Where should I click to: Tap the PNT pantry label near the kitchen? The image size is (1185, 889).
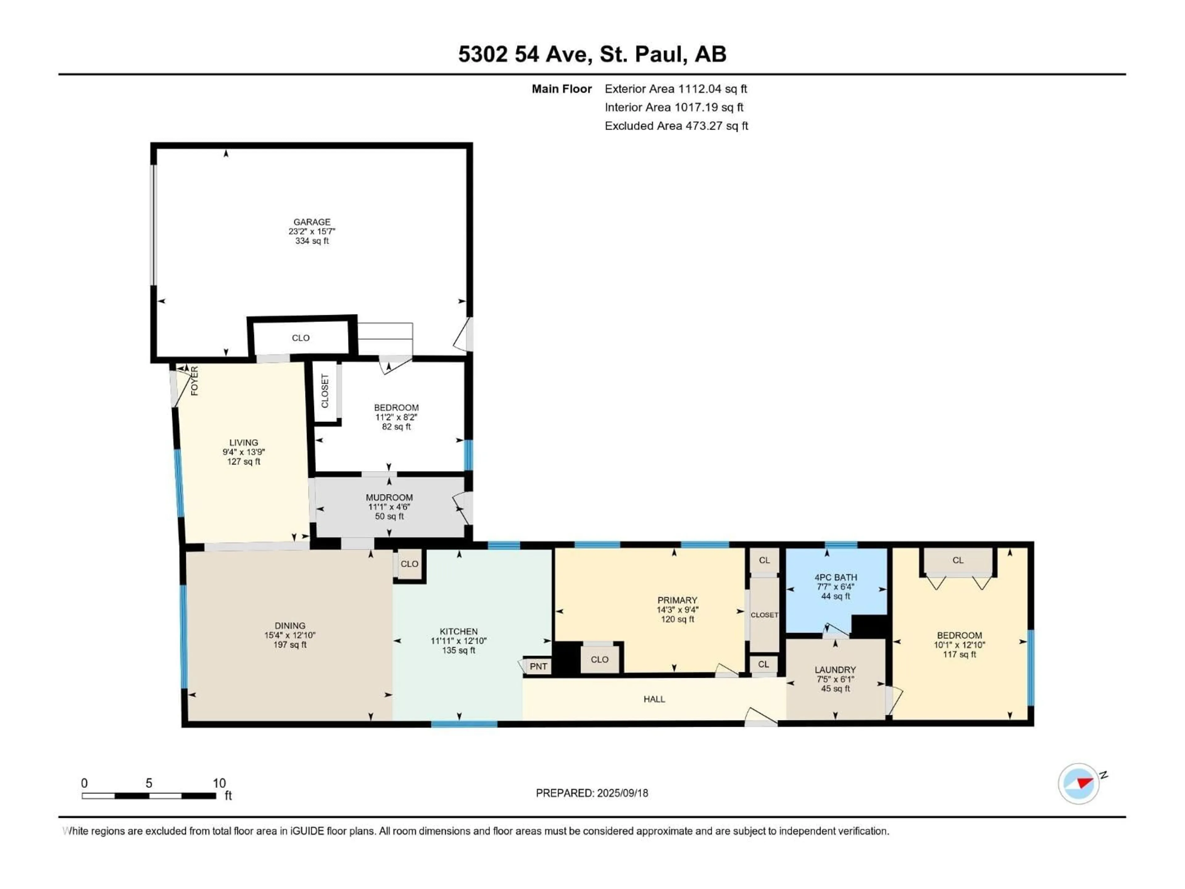538,666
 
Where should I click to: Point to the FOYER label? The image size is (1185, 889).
194,381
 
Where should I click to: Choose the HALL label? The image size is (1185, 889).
654,699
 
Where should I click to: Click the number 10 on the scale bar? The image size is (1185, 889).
219,783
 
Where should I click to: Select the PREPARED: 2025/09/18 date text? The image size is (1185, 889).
592,793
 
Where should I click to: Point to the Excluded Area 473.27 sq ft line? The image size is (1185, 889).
676,126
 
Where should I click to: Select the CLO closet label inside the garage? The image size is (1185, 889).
301,338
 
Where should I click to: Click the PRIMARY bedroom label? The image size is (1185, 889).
677,600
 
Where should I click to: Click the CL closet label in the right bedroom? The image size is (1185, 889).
958,560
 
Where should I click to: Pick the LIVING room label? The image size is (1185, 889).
244,443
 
